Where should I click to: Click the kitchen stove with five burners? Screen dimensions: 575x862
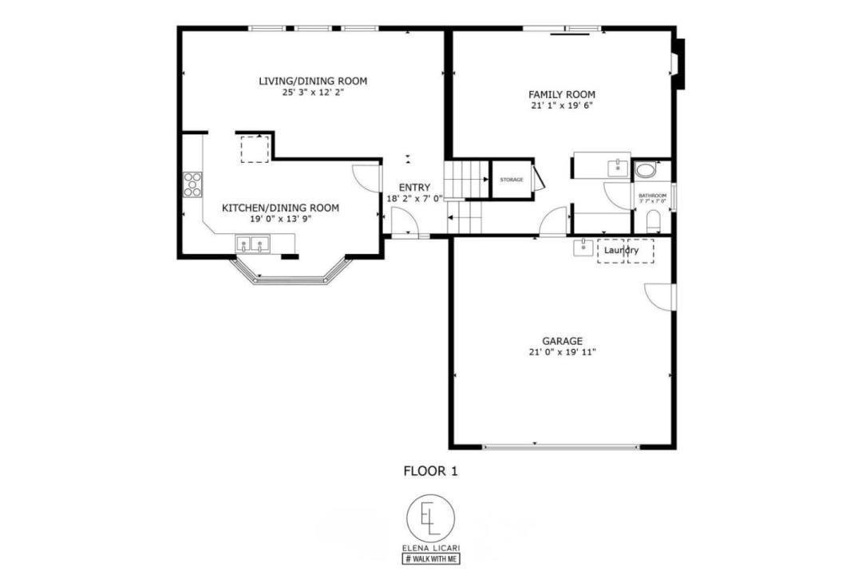coord(192,184)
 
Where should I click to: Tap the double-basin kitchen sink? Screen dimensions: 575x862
coord(251,244)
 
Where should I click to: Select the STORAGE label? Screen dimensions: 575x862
coord(512,180)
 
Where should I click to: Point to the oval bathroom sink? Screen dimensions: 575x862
coord(645,170)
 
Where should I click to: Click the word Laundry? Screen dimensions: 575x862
coord(621,251)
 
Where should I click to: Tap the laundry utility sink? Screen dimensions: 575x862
coord(583,247)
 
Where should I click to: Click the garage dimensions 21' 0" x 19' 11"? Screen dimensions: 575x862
coord(562,352)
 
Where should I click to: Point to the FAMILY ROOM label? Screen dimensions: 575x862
coord(562,93)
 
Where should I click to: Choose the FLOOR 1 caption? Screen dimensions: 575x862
coord(430,471)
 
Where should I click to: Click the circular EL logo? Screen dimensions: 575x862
coord(430,518)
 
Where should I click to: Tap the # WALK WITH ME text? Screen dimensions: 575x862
coord(430,559)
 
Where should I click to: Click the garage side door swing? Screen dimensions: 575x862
coord(662,295)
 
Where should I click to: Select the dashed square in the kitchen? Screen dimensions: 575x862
coord(255,149)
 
